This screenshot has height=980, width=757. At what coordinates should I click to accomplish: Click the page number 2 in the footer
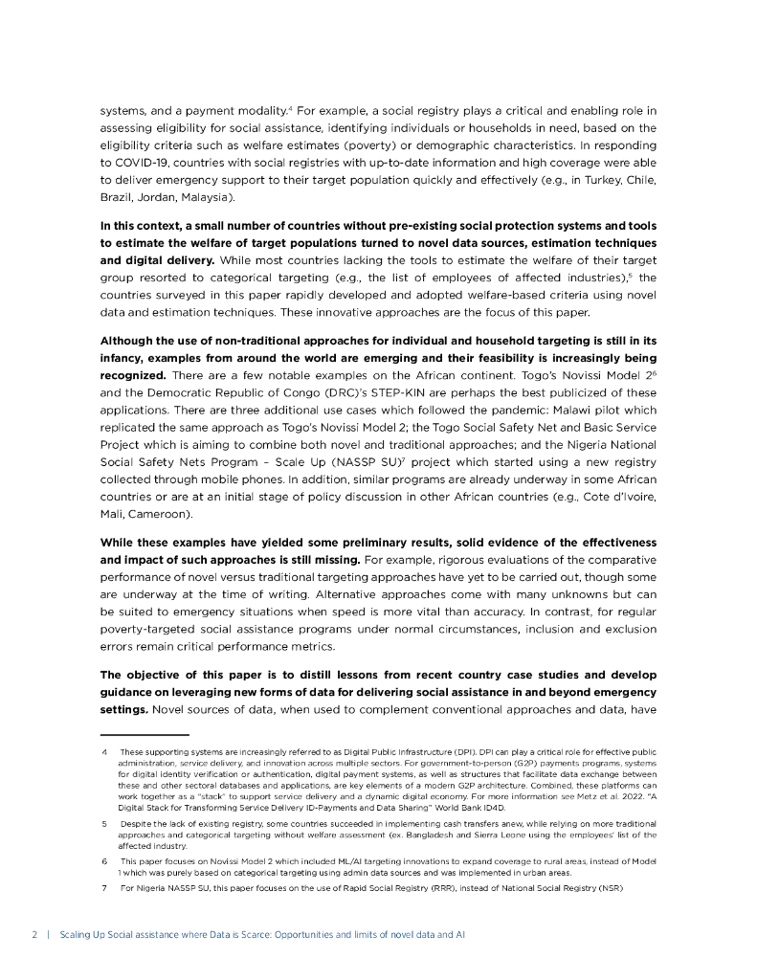tap(33, 933)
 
